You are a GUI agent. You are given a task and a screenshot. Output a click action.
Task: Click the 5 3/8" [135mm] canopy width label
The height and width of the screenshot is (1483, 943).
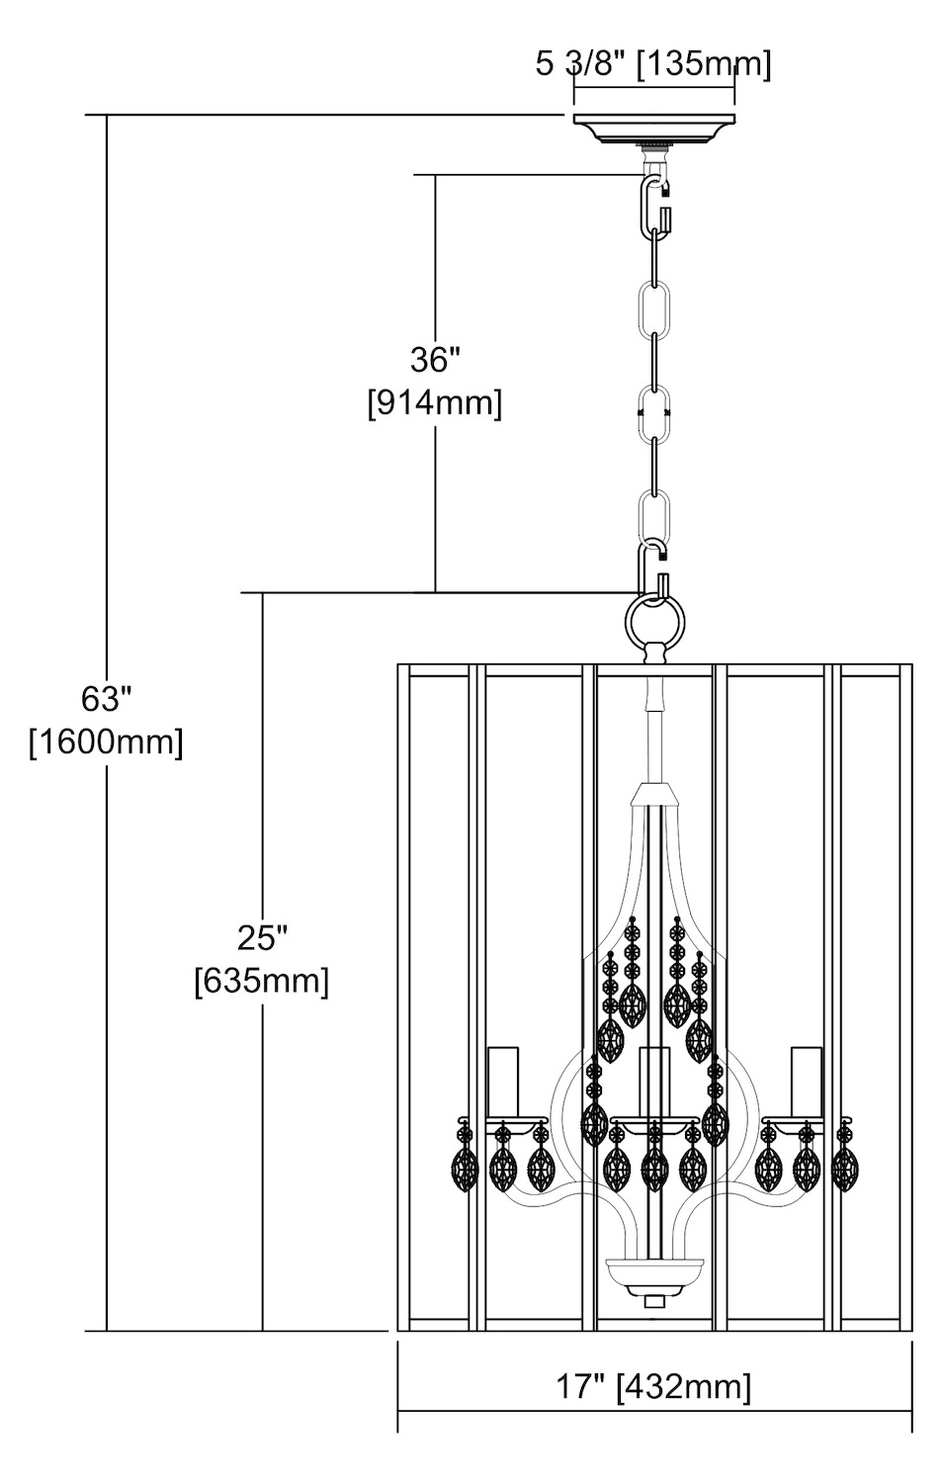652,66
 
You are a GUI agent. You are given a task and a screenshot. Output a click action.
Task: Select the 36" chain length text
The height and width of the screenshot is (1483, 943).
435,360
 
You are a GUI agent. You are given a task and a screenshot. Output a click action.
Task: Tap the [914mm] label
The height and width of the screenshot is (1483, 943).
435,403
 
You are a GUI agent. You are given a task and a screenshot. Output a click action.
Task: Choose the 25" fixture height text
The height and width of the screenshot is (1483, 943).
262,936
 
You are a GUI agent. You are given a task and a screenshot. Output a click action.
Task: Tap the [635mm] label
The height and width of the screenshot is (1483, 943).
262,981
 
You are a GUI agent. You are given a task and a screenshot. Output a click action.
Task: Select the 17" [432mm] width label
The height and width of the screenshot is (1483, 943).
652,1386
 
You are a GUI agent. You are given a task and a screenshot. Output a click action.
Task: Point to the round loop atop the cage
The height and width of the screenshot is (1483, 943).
654,621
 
